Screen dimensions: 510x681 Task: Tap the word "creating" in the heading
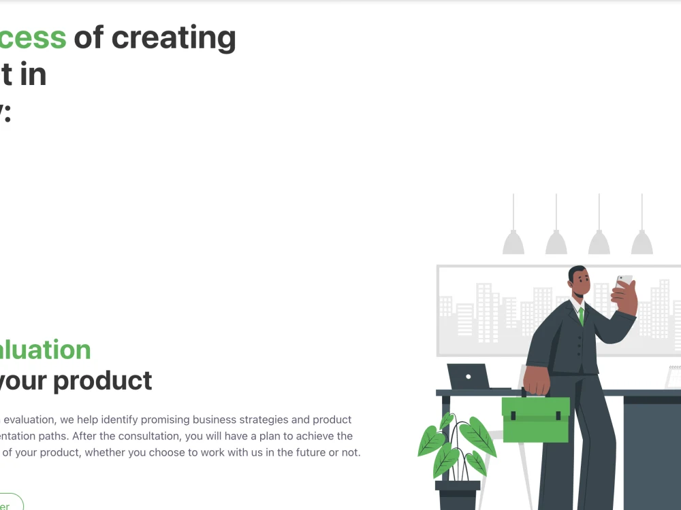[174, 38]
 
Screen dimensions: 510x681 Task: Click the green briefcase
[535, 419]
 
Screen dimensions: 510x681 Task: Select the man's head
[577, 280]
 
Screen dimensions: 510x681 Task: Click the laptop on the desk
[469, 377]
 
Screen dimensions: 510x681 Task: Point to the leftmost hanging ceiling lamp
[513, 241]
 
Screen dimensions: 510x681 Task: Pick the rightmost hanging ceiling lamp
[642, 241]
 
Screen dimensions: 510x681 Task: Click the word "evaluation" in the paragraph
[27, 420]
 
